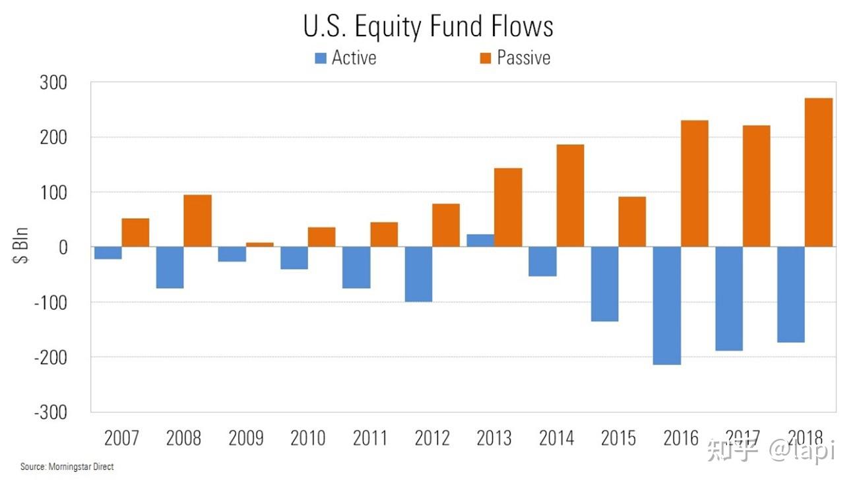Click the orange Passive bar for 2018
(819, 173)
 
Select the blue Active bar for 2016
(666, 305)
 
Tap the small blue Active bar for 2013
(480, 241)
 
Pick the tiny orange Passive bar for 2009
(260, 244)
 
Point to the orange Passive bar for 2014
(570, 196)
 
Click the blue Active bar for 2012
(418, 274)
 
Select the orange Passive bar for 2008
(197, 221)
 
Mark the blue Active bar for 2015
(604, 284)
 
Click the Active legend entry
(346, 58)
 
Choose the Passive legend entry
(515, 58)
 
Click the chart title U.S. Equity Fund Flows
(428, 26)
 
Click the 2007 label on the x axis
(122, 438)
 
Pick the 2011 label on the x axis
(370, 438)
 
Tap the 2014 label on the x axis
(556, 438)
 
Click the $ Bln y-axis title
(22, 247)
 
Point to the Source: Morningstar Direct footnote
(67, 467)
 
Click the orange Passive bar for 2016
(694, 184)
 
